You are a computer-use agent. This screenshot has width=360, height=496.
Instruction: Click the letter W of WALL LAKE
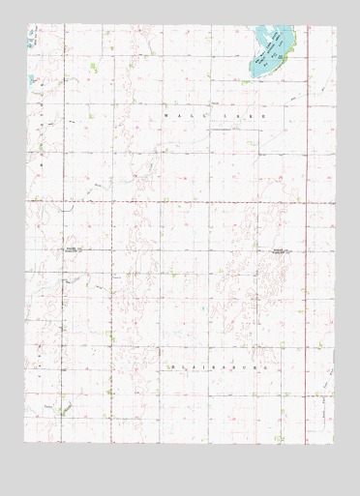(x=166, y=114)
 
